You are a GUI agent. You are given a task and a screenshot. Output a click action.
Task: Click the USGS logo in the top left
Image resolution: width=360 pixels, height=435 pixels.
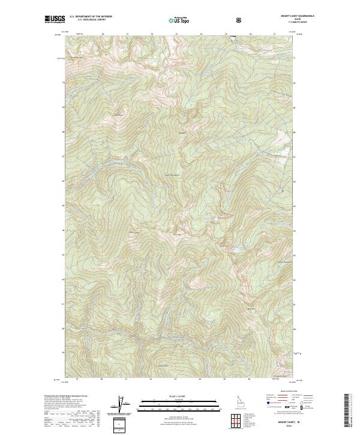click(x=55, y=19)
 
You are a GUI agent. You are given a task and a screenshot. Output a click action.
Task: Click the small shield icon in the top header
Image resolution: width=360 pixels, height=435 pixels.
click(x=240, y=20)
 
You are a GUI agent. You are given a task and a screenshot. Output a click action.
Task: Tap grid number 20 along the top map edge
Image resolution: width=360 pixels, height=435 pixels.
click(x=103, y=34)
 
